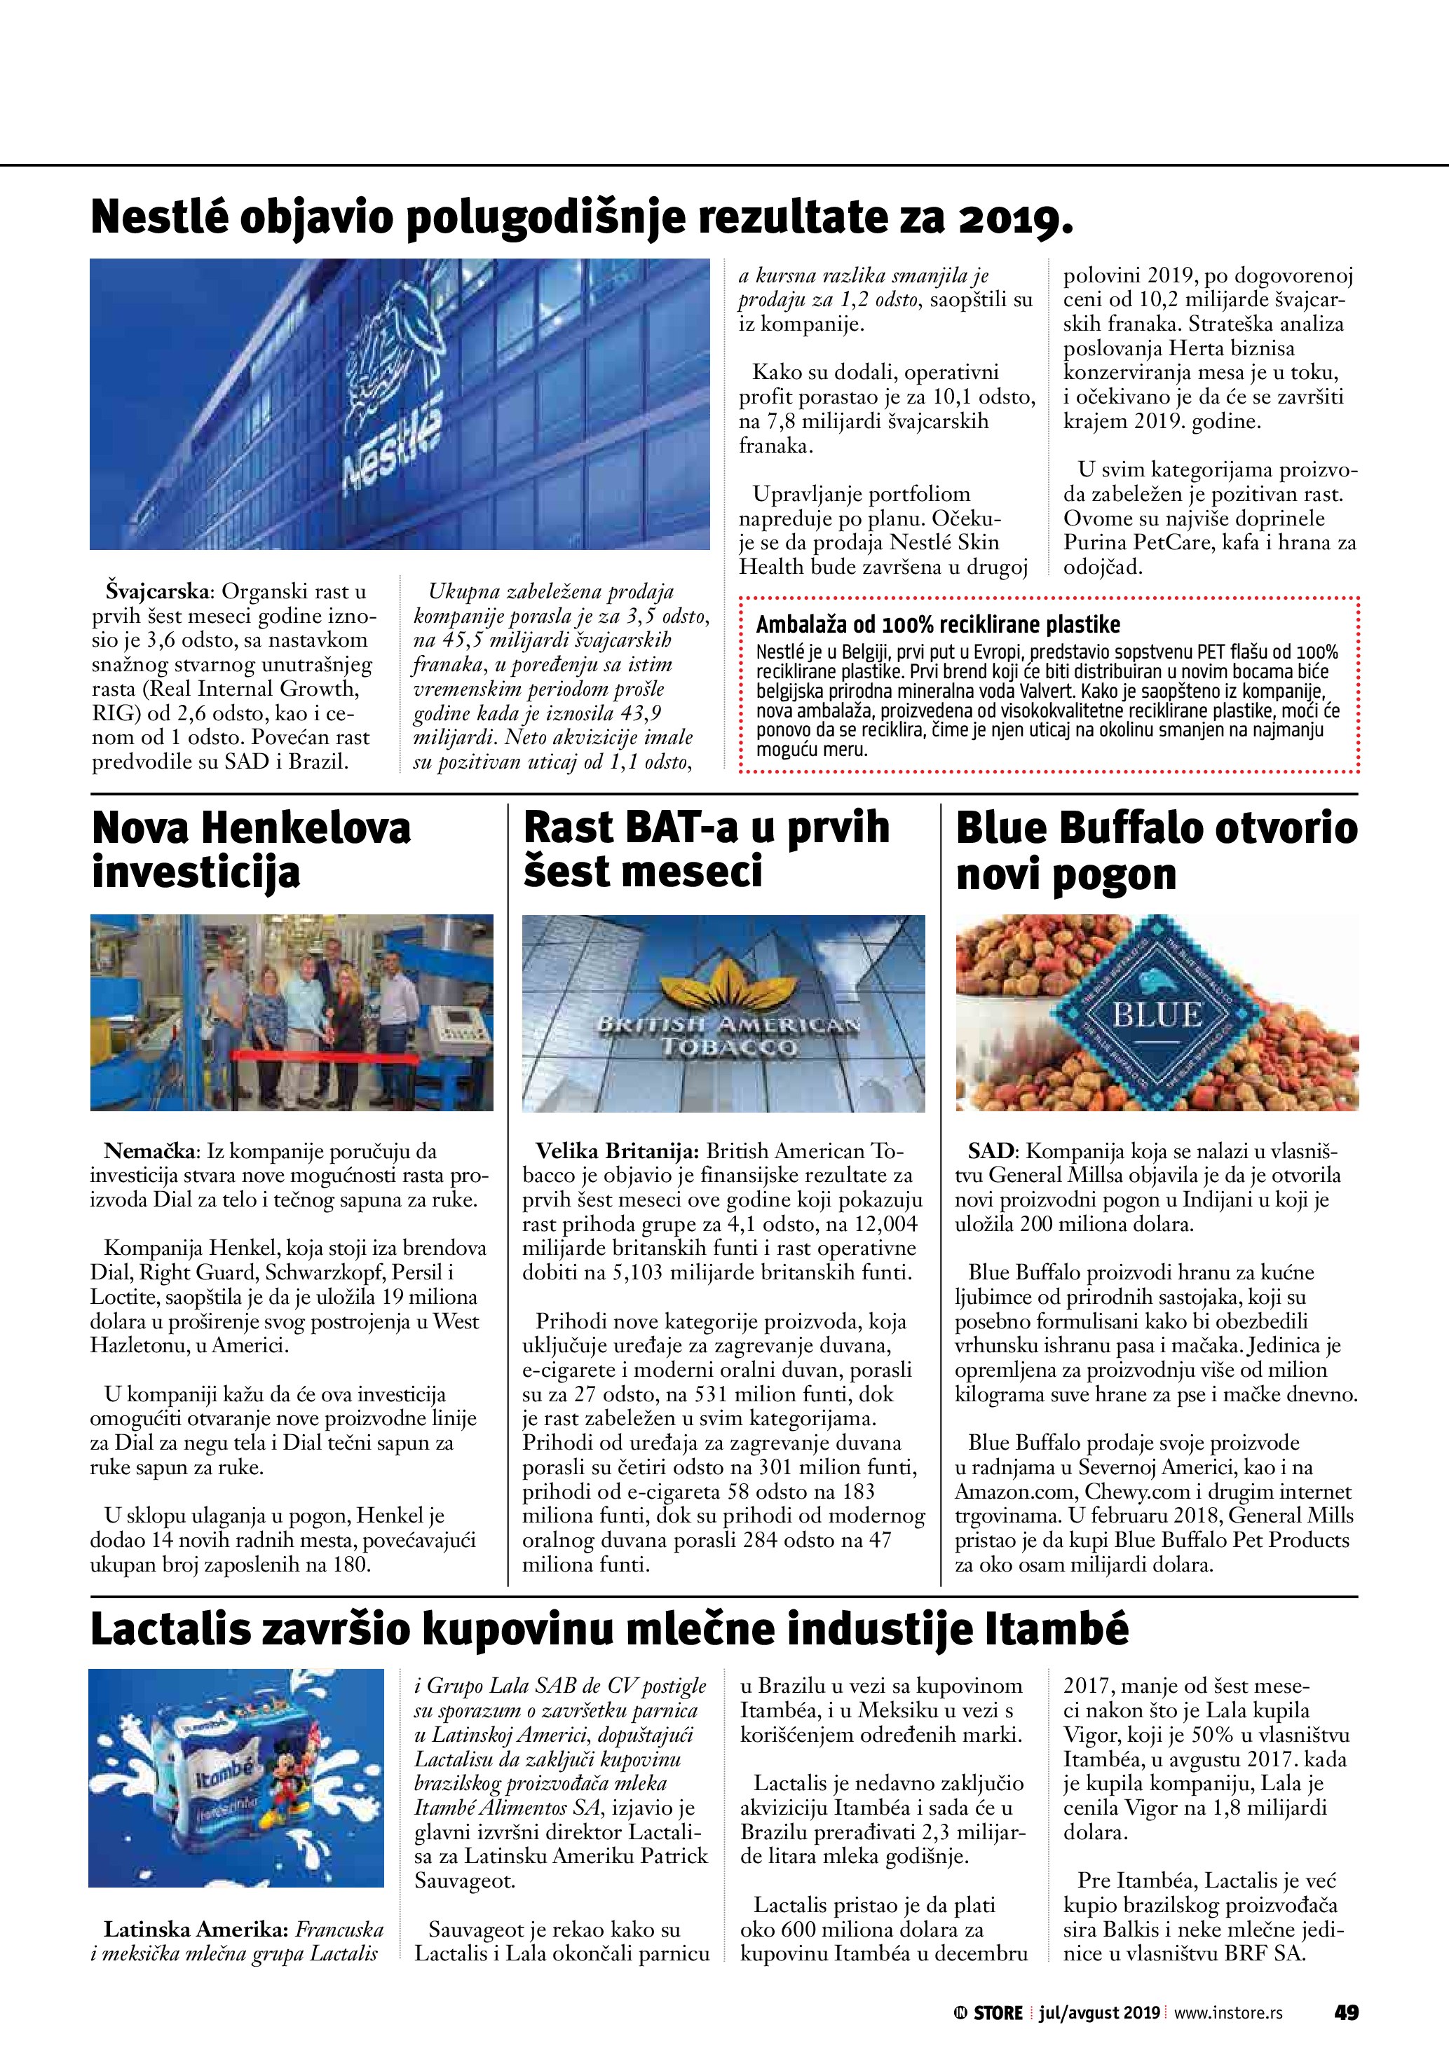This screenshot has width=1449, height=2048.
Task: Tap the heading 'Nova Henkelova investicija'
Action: tap(251, 850)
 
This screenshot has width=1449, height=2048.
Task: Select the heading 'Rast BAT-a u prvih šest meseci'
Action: tap(706, 850)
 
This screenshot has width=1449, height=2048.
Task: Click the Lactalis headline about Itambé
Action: tap(609, 1630)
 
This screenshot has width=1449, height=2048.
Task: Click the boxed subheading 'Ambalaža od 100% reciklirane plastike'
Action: tap(938, 624)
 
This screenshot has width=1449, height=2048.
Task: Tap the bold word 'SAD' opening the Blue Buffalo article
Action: tap(991, 1152)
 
